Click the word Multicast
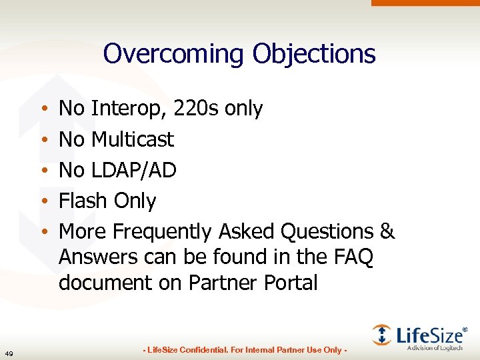click(132, 139)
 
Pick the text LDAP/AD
click(133, 170)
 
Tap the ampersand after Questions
click(387, 231)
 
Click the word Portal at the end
click(287, 283)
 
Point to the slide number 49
click(8, 353)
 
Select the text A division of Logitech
click(435, 348)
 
